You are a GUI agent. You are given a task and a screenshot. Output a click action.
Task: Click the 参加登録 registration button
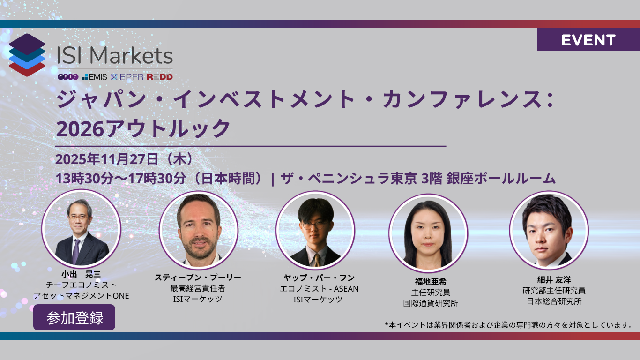point(74,317)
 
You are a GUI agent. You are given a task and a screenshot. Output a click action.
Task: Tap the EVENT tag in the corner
point(588,40)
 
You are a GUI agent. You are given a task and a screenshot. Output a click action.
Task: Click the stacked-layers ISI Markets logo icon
point(27,55)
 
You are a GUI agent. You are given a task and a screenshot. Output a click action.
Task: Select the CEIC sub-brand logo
point(67,77)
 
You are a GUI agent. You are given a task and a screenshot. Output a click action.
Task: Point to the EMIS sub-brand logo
point(95,77)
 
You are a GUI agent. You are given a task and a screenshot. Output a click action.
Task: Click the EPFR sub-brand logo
point(127,77)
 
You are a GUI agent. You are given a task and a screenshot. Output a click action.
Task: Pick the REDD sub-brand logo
point(159,77)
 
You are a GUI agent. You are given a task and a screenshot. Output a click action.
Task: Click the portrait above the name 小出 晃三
point(81,228)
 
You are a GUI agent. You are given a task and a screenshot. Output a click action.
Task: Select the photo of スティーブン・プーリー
point(198,229)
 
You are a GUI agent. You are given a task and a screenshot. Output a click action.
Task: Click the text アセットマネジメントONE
point(81,296)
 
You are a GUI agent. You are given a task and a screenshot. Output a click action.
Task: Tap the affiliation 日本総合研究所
point(554,301)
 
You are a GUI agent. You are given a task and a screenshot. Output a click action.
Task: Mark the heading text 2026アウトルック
point(143,127)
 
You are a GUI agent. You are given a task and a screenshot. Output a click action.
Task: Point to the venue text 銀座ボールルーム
point(501,179)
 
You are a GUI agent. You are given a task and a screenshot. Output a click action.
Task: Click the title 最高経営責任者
point(198,288)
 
